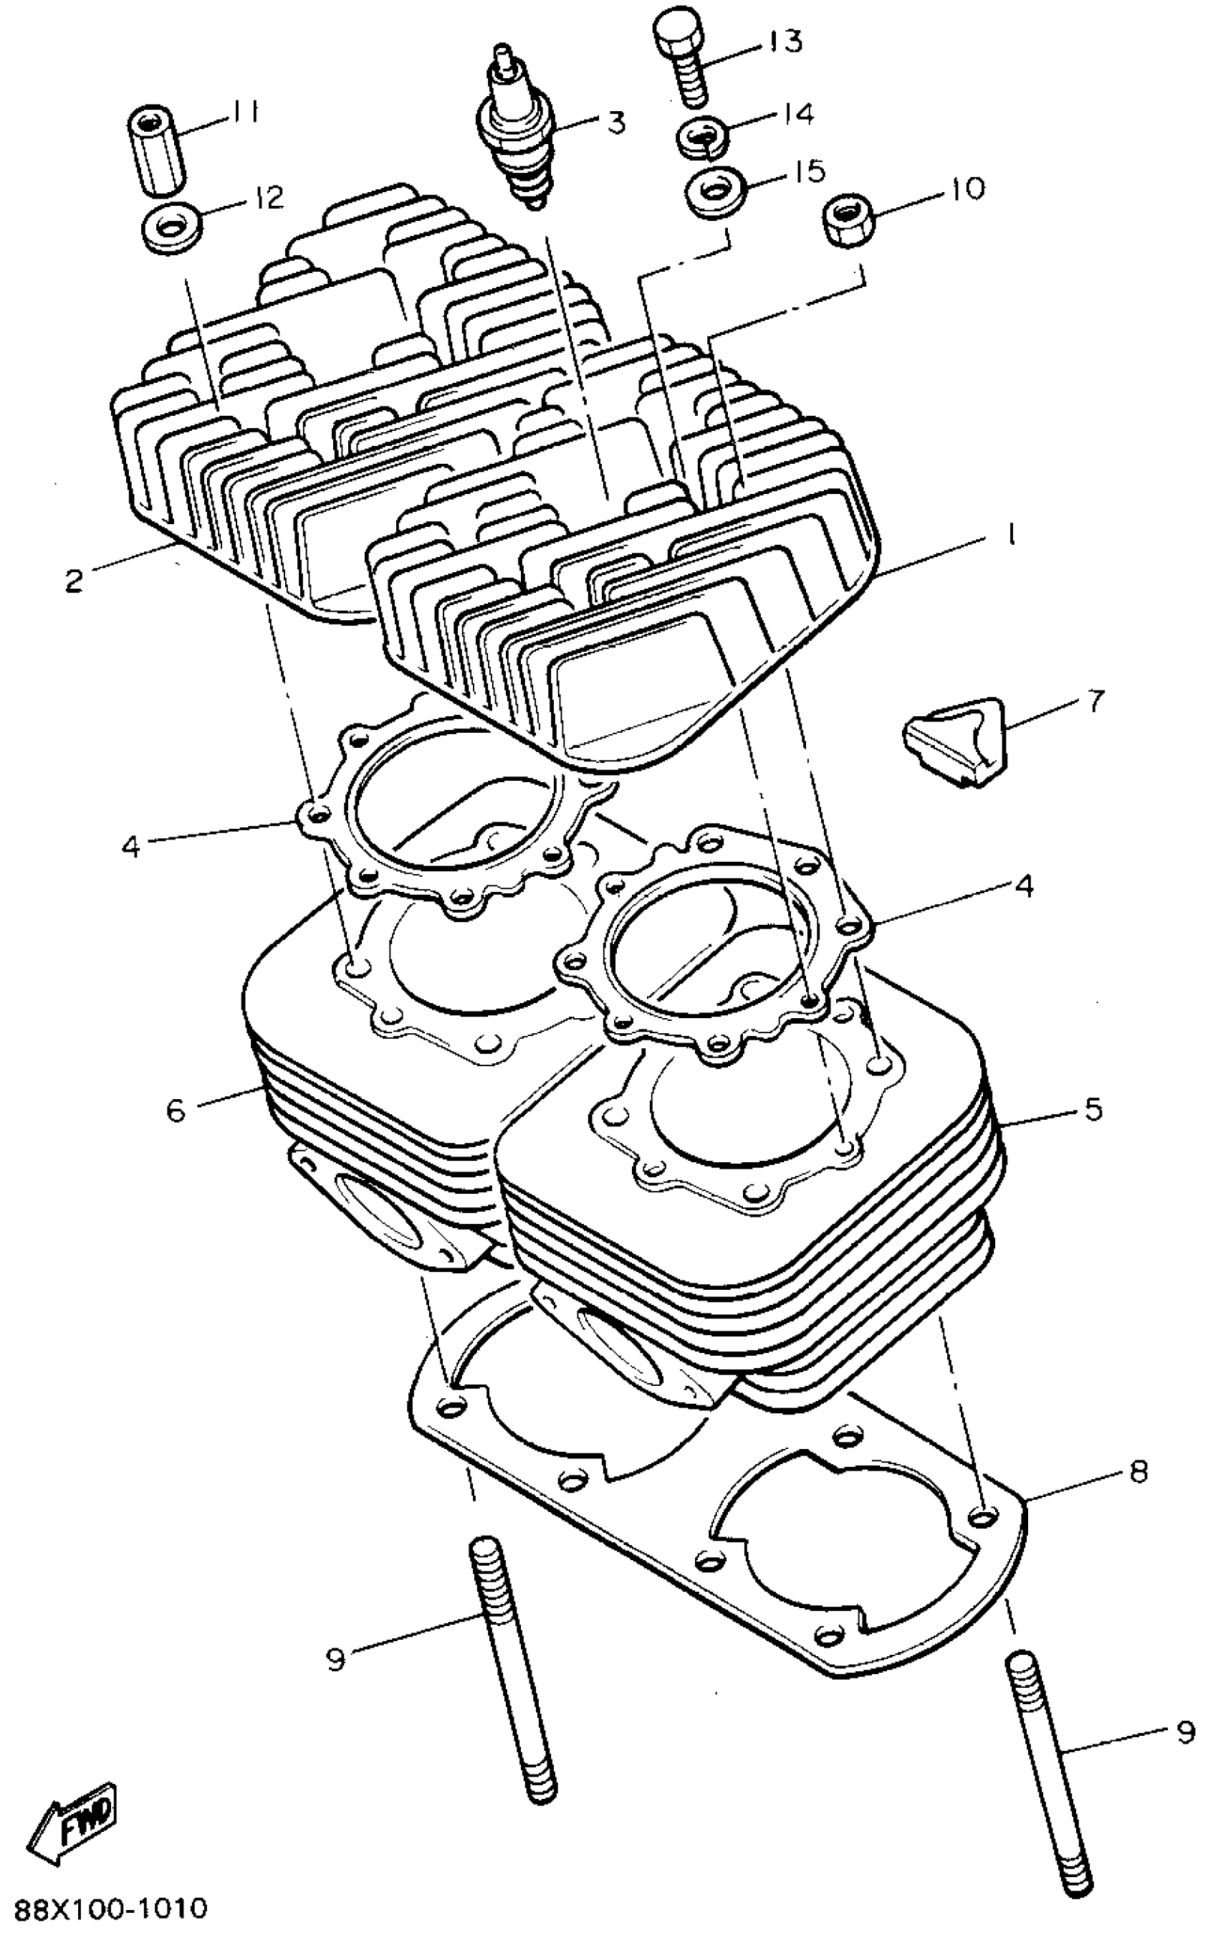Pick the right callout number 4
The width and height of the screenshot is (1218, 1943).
[1024, 885]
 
